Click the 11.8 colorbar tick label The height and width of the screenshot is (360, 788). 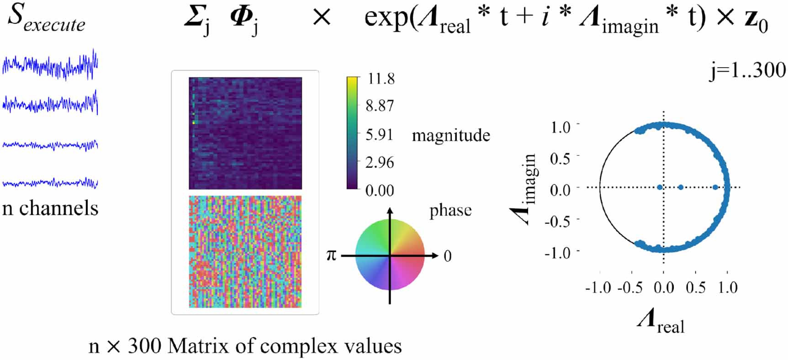381,79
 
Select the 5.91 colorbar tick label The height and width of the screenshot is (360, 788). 380,134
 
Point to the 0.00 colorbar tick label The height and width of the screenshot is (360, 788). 380,190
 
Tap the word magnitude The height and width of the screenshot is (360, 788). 451,135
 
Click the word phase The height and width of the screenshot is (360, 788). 450,211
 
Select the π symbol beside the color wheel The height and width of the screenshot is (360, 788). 331,255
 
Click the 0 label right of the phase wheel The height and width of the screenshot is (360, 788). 448,256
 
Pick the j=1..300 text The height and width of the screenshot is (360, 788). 747,71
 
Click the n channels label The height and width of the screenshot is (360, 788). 50,208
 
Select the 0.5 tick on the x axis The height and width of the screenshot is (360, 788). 695,288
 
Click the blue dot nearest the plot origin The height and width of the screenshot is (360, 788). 660,187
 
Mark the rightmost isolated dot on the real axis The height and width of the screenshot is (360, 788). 715,187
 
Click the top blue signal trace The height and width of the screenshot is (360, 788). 50,65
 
